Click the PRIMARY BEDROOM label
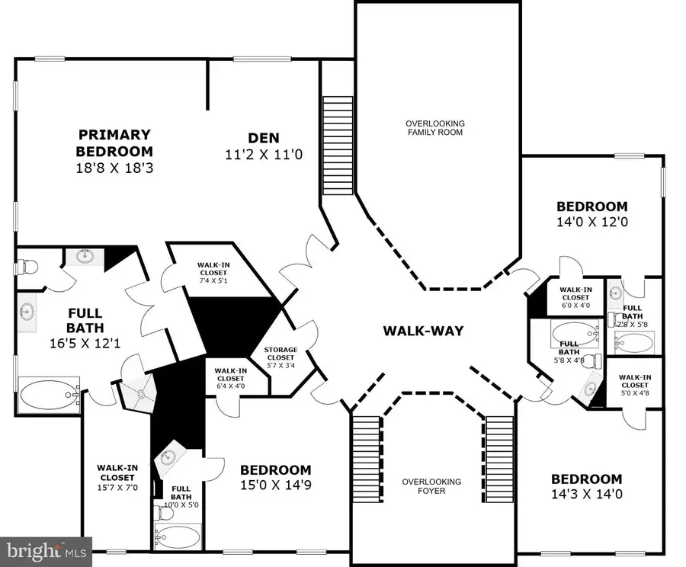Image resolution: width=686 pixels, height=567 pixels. point(114,143)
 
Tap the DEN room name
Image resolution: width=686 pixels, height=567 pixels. point(264,138)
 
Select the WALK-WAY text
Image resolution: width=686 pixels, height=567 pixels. point(423,331)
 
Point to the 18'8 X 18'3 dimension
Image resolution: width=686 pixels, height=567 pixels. point(114,168)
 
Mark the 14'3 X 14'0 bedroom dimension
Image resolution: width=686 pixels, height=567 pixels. point(586,496)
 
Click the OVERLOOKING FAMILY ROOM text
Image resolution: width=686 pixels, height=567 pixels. point(434,127)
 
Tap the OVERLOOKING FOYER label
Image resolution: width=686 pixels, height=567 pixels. point(433,486)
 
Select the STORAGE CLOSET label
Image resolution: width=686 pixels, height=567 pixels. point(280,354)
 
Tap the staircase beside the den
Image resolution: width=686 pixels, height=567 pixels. point(338,145)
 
